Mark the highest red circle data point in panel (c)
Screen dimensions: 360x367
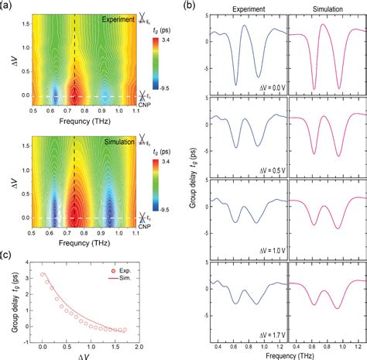pyautogui.click(x=43, y=275)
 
